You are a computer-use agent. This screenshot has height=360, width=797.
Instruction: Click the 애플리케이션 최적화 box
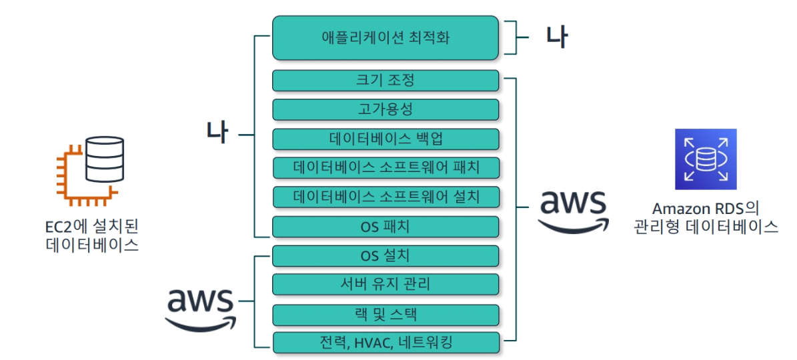(385, 37)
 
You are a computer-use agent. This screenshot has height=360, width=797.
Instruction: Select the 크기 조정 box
(385, 81)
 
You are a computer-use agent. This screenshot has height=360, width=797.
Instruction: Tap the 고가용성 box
(385, 110)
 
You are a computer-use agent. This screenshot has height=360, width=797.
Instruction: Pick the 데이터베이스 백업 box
(385, 139)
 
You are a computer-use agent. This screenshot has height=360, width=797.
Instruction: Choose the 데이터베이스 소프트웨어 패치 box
(385, 168)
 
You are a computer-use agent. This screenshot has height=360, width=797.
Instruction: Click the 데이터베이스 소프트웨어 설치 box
(385, 197)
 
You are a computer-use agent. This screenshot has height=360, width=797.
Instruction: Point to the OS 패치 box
(385, 227)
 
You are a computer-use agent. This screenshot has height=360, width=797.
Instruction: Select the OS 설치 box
(385, 256)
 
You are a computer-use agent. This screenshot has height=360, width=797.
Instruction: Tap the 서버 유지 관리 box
(385, 285)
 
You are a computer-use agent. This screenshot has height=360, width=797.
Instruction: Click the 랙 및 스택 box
(385, 314)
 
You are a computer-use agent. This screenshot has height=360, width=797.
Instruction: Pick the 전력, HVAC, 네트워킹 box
(385, 343)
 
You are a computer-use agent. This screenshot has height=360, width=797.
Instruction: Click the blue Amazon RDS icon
(705, 159)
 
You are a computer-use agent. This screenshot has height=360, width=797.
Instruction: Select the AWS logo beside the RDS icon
(573, 211)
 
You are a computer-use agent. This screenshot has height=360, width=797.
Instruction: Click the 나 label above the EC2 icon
(217, 133)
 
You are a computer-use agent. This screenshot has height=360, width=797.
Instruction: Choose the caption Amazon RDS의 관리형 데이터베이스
(706, 217)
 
